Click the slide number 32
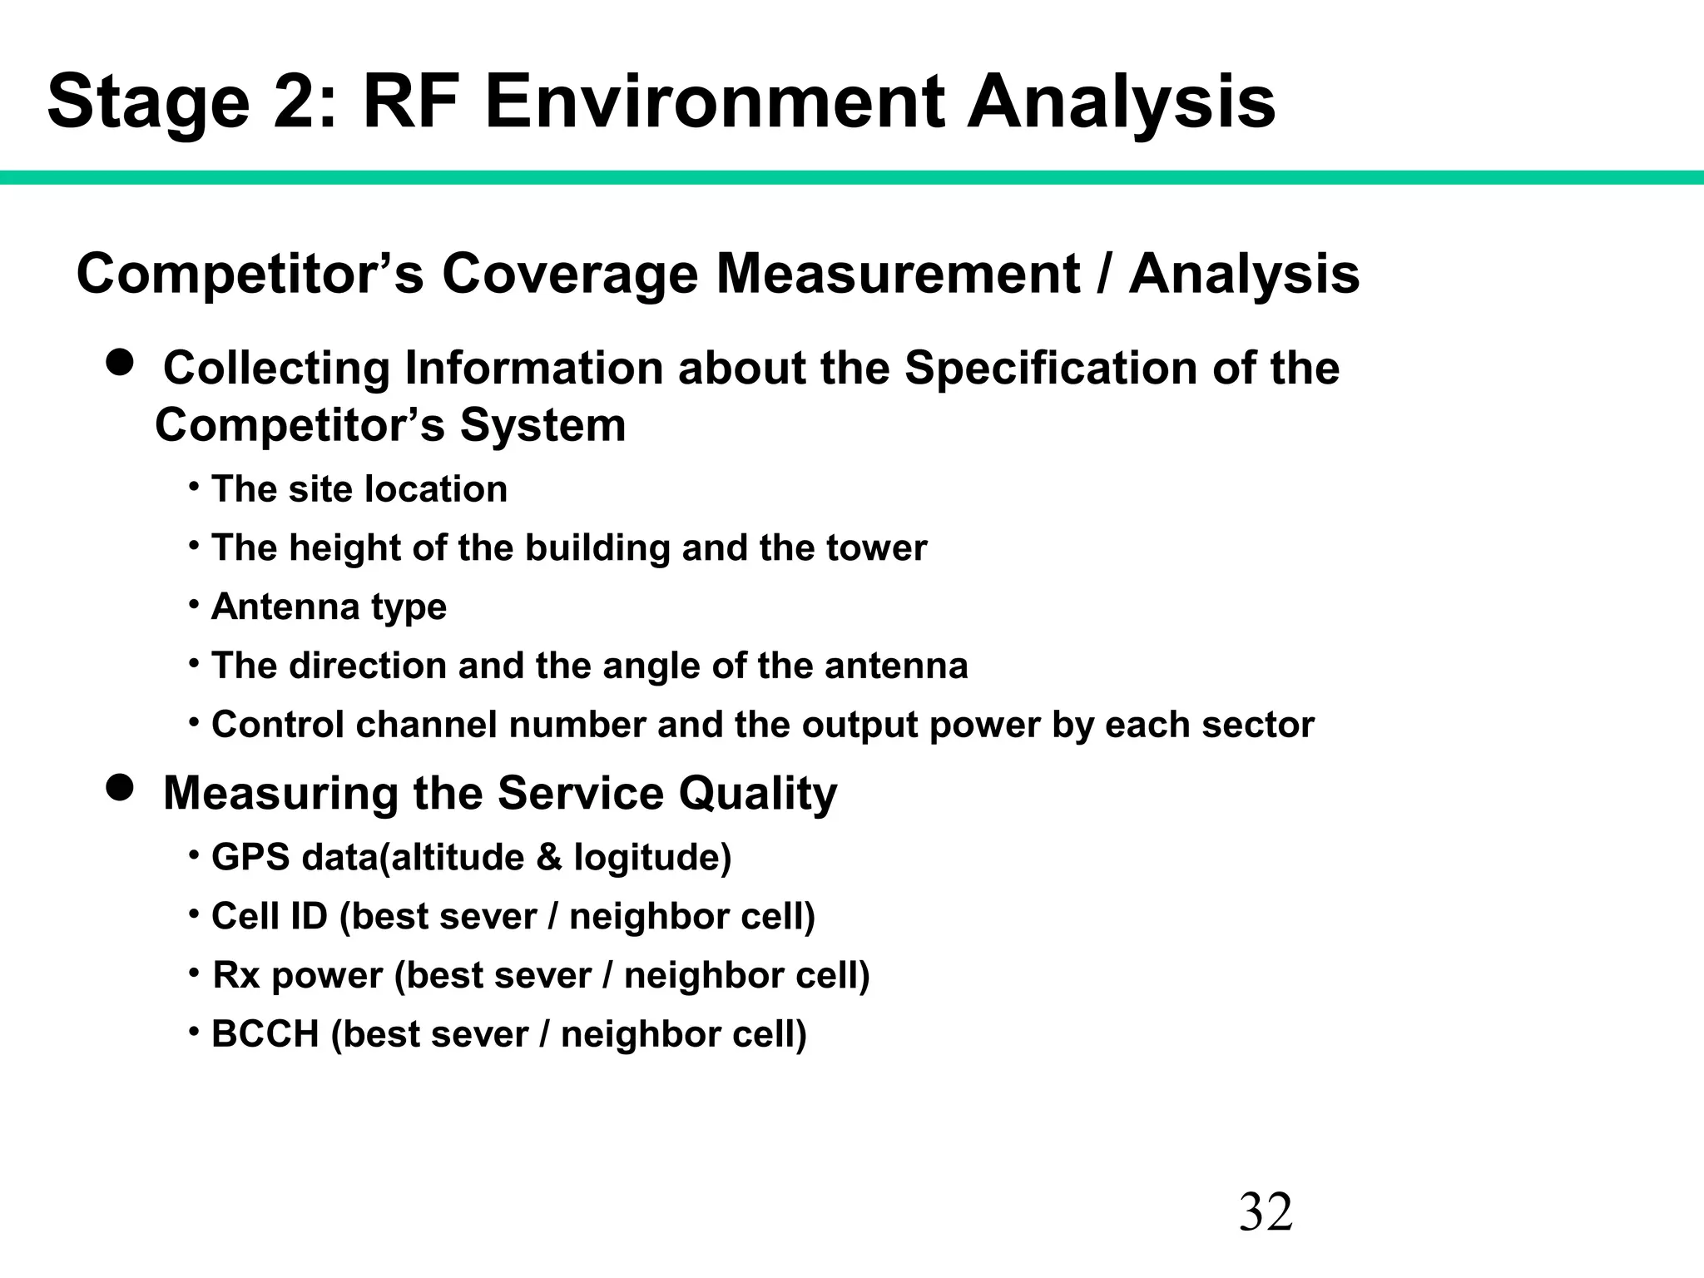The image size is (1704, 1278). (1266, 1212)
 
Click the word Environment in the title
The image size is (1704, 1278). (714, 102)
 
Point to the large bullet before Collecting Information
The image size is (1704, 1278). (121, 363)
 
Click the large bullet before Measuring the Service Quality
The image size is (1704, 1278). (121, 787)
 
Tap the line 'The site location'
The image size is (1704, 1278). (359, 489)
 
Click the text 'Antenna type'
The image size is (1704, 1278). (329, 607)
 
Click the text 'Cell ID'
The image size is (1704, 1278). (269, 917)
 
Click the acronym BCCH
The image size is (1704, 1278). (265, 1034)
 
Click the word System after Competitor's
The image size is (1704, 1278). (542, 425)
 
